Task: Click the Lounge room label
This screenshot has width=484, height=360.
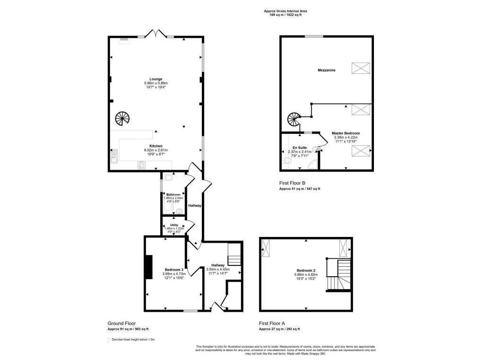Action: click(x=156, y=79)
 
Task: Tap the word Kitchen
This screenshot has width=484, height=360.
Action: click(x=156, y=146)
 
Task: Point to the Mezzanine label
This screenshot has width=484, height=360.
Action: click(x=327, y=70)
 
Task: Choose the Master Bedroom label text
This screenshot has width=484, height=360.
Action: click(x=346, y=133)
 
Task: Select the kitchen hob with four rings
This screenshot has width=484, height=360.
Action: click(x=141, y=165)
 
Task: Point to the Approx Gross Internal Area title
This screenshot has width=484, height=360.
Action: click(x=288, y=11)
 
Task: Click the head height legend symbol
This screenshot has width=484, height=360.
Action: click(x=109, y=340)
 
